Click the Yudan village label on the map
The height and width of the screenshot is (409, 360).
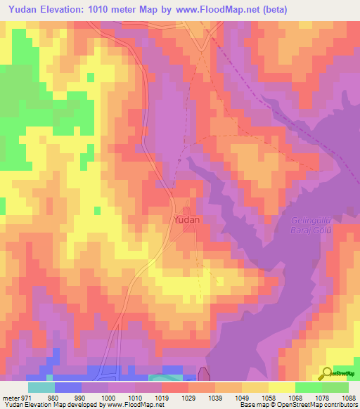coord(186,219)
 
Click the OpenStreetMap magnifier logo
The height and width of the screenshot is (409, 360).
coord(328,372)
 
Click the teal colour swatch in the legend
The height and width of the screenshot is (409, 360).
coord(41,387)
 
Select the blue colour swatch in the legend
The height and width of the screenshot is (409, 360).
coord(67,387)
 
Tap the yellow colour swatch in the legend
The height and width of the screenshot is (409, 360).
coord(281,387)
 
